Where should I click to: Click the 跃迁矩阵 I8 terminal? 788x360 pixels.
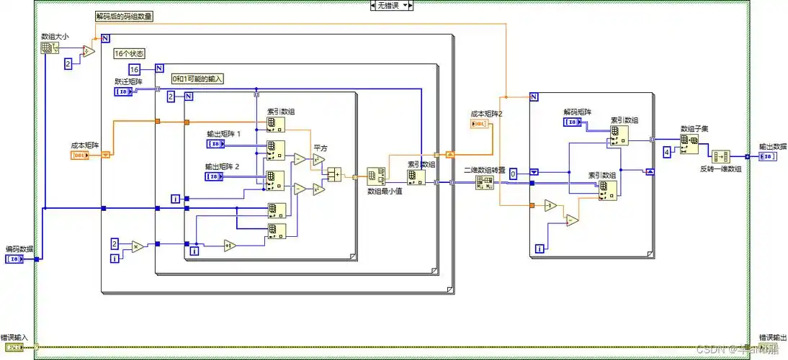tap(123, 91)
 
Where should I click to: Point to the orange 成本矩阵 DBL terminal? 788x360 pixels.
tap(81, 155)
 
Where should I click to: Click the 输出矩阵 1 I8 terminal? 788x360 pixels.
tap(215, 144)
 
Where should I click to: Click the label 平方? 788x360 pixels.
tap(319, 148)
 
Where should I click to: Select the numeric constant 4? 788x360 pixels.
tap(666, 152)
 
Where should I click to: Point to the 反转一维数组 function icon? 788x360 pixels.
tap(720, 157)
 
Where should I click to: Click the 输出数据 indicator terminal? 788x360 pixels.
tap(768, 156)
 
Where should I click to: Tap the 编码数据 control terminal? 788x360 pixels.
tap(15, 258)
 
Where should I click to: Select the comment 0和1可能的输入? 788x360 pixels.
tap(197, 78)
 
